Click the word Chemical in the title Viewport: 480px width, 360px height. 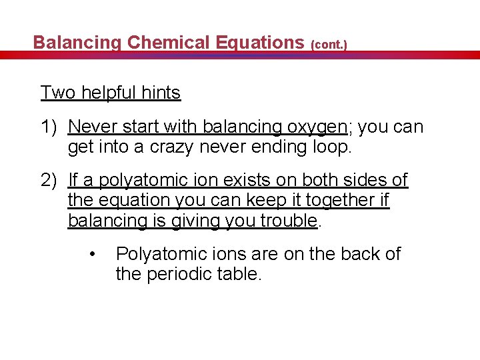168,43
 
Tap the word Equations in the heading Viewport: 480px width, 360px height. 260,43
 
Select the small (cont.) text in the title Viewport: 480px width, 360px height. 329,45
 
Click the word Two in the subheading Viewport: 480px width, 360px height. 58,93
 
